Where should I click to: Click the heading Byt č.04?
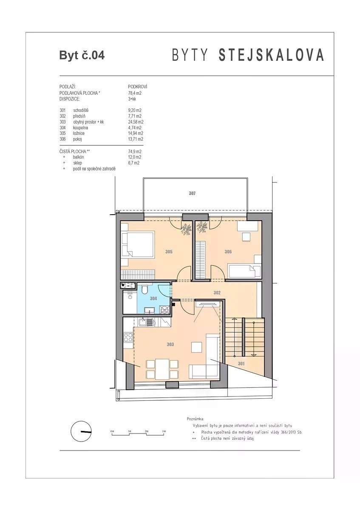point(82,55)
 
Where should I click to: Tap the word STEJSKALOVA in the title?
point(271,55)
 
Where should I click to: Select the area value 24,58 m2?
point(136,122)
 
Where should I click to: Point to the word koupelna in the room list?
point(80,128)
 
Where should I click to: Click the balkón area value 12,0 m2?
point(135,157)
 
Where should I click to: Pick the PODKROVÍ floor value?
point(138,87)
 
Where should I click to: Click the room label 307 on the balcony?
point(192,193)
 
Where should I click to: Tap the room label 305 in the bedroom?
point(169,252)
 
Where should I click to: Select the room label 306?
point(228,252)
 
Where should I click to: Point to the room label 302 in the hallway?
point(217,293)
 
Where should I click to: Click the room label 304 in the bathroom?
point(153,298)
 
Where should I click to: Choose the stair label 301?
point(241,364)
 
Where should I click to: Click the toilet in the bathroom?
point(145,289)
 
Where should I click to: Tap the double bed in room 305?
point(138,244)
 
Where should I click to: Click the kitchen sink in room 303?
point(142,322)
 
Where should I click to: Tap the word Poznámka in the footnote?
point(196,419)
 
